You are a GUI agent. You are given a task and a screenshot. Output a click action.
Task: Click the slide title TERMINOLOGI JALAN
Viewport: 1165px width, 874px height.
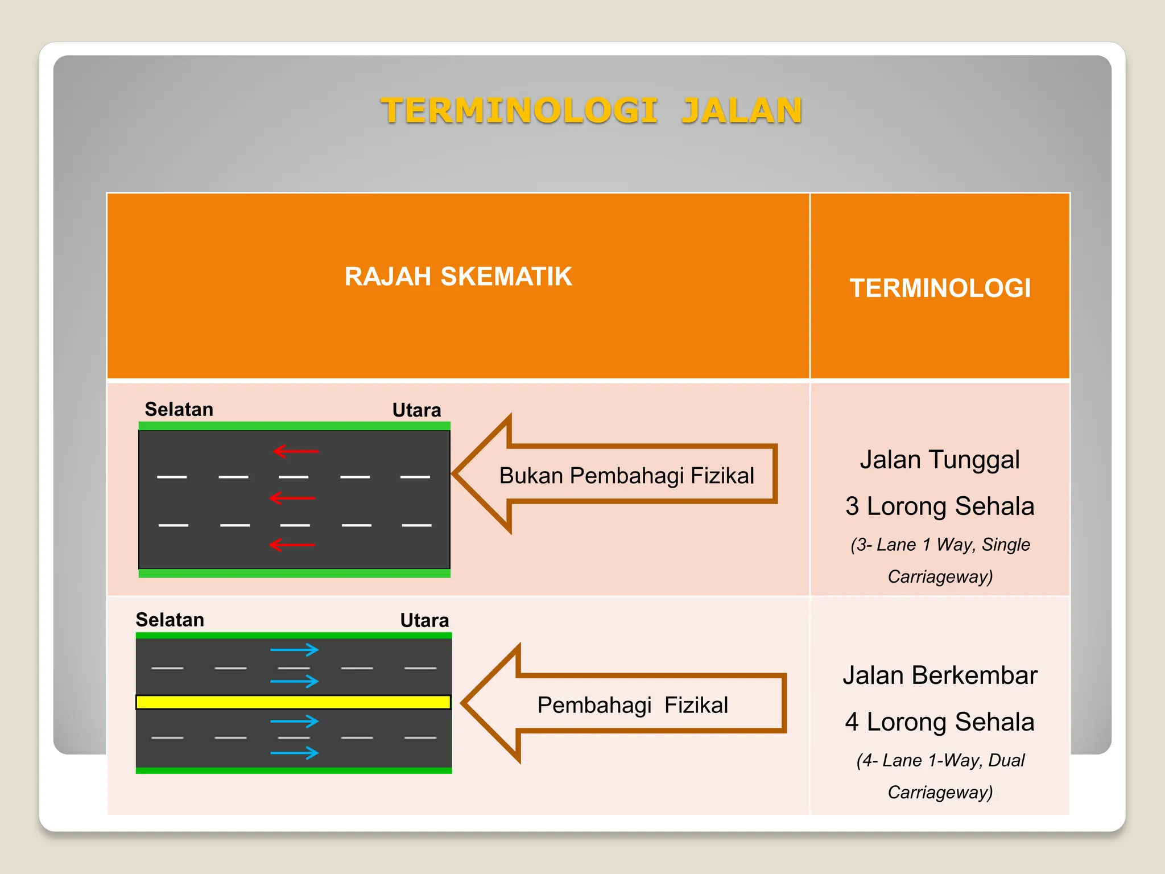pos(591,110)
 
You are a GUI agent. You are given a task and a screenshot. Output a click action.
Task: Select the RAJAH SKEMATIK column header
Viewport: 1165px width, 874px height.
pos(458,277)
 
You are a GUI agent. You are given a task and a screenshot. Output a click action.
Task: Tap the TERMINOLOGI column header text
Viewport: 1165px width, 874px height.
pos(940,288)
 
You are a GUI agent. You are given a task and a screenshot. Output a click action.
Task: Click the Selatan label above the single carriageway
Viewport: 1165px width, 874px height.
pos(179,409)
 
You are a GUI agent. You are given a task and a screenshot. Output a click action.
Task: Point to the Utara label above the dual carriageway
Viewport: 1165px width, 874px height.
pos(424,620)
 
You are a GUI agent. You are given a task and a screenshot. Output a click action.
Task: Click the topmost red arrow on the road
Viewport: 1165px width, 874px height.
pos(296,451)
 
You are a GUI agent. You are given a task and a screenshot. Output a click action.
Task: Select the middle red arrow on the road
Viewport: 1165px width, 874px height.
pos(292,498)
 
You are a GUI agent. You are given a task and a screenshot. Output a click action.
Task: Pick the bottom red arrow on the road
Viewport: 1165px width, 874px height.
pos(292,545)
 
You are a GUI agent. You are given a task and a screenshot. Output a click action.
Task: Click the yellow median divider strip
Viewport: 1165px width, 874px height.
pos(294,702)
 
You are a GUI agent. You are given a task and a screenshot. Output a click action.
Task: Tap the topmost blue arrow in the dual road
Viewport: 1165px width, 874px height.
pos(294,650)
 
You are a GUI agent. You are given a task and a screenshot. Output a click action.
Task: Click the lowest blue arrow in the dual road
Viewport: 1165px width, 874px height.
pos(294,753)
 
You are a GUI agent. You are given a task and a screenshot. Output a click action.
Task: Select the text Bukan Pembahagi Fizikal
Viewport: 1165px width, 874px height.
pos(626,475)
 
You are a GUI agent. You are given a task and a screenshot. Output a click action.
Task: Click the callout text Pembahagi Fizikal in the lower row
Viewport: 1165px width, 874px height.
pos(633,705)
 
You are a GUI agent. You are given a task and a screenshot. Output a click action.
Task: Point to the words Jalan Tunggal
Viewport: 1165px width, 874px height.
pos(940,459)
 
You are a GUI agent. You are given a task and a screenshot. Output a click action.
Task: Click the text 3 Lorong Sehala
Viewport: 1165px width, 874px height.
pos(940,506)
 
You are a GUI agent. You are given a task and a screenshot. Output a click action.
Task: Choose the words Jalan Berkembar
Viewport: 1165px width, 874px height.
pos(940,675)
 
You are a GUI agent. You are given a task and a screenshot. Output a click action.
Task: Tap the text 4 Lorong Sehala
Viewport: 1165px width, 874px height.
pos(940,722)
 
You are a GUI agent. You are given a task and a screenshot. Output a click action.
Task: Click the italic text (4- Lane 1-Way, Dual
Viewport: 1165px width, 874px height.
pos(940,760)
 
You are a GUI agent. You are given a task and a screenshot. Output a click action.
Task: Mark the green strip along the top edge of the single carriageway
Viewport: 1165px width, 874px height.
pos(295,426)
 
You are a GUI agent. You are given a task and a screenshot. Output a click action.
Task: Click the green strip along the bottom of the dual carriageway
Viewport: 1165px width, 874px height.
pos(294,770)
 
